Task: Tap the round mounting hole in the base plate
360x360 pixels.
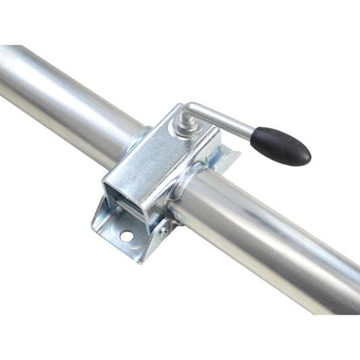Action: pyautogui.click(x=126, y=236)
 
